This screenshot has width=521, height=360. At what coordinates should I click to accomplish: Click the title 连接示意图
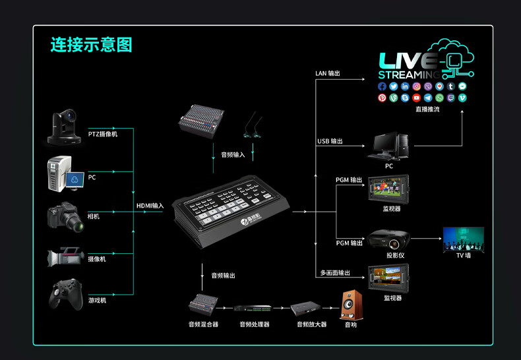tap(91, 45)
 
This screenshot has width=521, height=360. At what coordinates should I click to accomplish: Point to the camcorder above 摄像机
tap(66, 257)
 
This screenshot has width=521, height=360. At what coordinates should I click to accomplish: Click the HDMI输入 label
tap(150, 206)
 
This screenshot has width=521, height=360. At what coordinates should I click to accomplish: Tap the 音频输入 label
tap(232, 154)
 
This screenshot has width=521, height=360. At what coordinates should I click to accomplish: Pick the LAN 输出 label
tap(328, 73)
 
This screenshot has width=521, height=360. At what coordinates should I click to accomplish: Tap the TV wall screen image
tap(464, 239)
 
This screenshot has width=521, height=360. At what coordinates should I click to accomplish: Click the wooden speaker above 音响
tap(351, 305)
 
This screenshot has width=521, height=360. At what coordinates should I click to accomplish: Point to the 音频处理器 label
tap(254, 324)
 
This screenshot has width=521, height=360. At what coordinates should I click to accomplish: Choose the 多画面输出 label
tap(335, 272)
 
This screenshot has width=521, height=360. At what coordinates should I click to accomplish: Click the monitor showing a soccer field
tap(388, 189)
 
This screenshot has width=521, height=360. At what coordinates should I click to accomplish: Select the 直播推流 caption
tap(427, 109)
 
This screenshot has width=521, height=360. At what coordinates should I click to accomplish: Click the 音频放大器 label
tap(311, 324)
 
